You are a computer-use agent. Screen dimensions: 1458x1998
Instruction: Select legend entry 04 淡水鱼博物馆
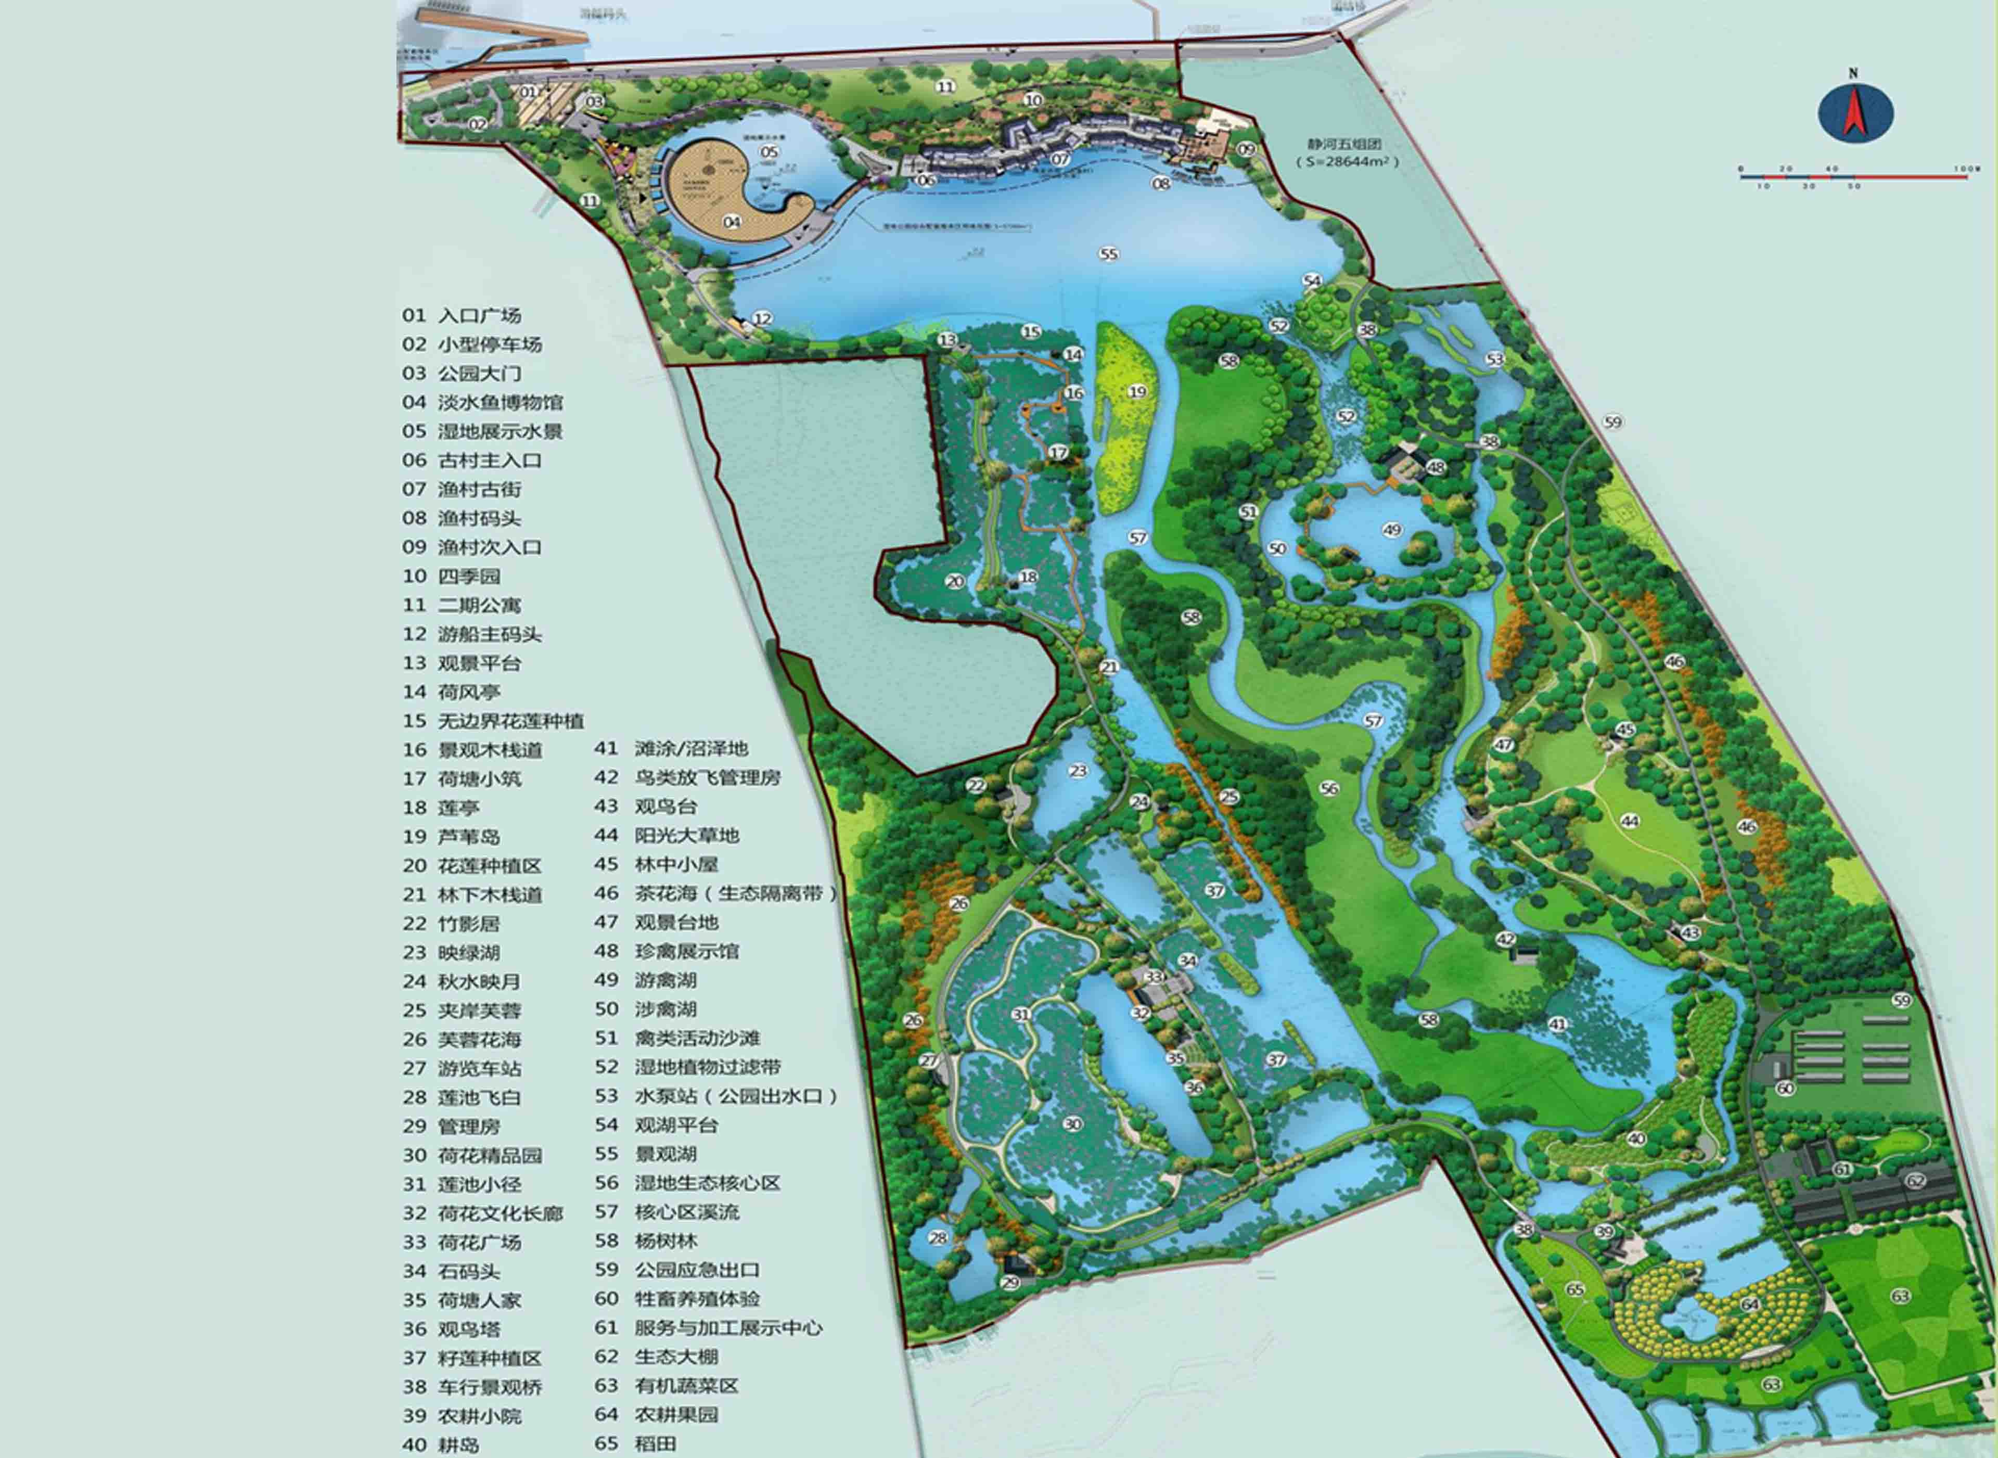(483, 402)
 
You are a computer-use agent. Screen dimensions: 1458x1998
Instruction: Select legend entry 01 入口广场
(462, 315)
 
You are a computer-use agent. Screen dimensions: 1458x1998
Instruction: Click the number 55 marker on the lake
(1109, 254)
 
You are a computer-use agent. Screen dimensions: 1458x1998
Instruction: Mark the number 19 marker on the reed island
(1137, 391)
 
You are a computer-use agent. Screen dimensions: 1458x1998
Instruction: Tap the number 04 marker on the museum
(732, 222)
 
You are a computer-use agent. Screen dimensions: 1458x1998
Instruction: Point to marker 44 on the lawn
(1629, 821)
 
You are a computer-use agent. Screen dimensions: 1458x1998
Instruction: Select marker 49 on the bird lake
(1392, 530)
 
